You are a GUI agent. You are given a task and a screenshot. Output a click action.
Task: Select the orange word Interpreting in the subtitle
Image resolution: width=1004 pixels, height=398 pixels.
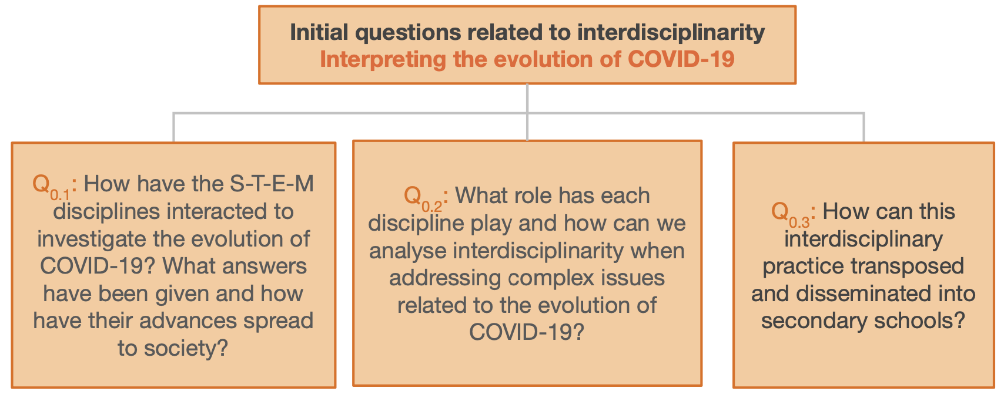pyautogui.click(x=383, y=60)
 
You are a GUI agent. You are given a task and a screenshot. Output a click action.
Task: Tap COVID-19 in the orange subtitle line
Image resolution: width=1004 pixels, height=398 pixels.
pyautogui.click(x=681, y=59)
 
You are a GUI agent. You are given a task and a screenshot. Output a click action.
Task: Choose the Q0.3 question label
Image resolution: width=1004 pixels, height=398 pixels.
pyautogui.click(x=790, y=214)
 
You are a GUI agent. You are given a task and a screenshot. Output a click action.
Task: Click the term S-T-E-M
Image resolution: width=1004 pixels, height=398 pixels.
pyautogui.click(x=272, y=184)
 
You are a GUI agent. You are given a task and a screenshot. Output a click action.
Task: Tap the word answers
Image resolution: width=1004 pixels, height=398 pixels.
pyautogui.click(x=265, y=267)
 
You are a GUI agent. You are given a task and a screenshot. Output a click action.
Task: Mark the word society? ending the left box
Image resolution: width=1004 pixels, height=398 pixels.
pyautogui.click(x=186, y=349)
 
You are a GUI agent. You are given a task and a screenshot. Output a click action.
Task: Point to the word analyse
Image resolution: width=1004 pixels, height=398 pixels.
pyautogui.click(x=408, y=251)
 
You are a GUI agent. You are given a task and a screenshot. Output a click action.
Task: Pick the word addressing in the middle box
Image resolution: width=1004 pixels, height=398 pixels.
pyautogui.click(x=444, y=278)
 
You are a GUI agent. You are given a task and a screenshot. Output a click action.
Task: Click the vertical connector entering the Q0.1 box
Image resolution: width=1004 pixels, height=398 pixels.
pyautogui.click(x=173, y=127)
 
